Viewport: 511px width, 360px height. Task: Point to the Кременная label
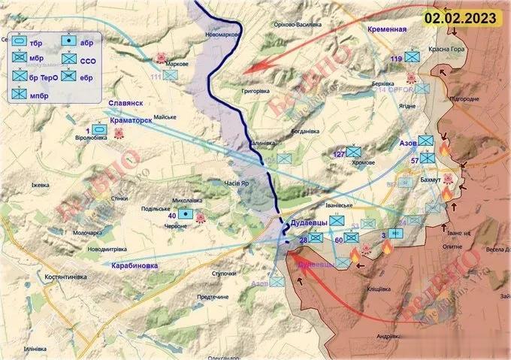[387, 29]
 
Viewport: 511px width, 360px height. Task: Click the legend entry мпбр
[34, 95]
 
